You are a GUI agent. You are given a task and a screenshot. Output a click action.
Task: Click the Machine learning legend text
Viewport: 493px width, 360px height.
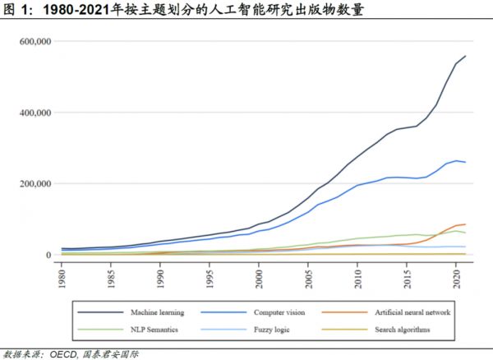point(157,312)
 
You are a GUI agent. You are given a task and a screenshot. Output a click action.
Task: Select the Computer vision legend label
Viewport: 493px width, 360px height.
point(281,312)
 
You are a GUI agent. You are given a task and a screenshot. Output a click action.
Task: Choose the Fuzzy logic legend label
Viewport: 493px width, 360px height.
point(272,330)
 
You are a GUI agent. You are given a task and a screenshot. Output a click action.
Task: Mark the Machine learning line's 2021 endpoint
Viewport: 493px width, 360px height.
point(466,56)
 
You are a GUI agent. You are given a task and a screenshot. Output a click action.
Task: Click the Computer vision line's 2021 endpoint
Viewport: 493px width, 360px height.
point(466,162)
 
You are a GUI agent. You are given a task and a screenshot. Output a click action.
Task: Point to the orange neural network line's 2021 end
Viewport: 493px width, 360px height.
point(466,224)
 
